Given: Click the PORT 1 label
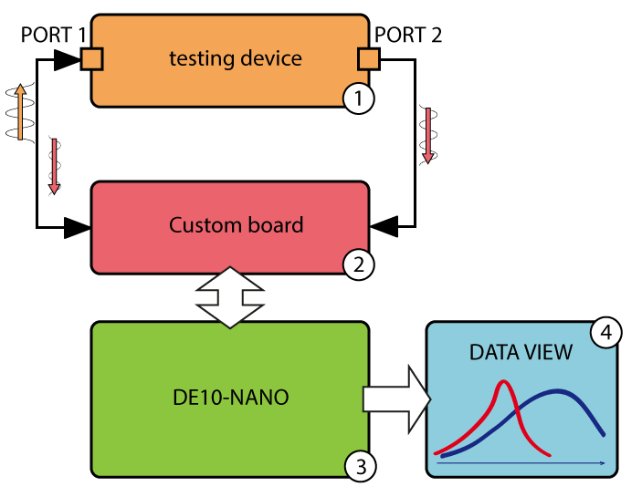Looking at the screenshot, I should point(52,36).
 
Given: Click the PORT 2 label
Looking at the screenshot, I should point(408,36).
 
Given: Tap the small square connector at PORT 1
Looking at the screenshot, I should point(91,60).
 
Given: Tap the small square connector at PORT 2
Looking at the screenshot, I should point(368,60).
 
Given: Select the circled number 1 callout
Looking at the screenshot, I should point(358,98).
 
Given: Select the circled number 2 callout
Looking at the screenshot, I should point(358,264).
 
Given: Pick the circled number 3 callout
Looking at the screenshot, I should point(360,467).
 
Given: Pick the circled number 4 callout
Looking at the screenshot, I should point(605,332).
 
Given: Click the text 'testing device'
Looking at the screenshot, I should point(236,59).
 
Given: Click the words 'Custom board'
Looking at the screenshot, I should point(236,225).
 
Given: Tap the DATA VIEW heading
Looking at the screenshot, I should point(521,351).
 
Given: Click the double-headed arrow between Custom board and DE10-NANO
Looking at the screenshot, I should point(230,296).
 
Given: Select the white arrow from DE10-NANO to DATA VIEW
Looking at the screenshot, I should point(396,399).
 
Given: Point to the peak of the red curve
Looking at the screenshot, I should point(502,383).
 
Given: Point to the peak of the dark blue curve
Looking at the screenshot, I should point(559,392).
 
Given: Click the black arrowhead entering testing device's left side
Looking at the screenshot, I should point(67,60).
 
